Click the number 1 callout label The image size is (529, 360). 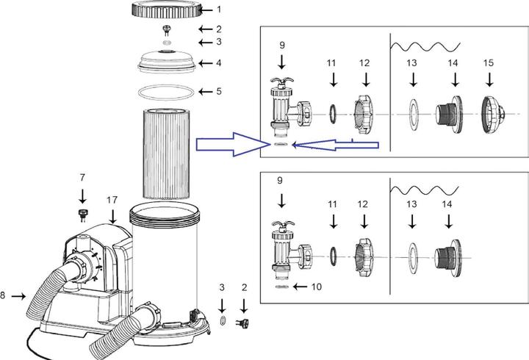click(217, 10)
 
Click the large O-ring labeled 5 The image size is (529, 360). click(168, 92)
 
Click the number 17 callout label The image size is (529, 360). click(112, 199)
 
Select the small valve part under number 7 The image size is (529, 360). click(82, 215)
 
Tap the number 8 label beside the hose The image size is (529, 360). click(4, 296)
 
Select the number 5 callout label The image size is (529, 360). click(217, 93)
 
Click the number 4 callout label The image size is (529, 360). click(217, 63)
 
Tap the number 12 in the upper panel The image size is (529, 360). click(365, 65)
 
